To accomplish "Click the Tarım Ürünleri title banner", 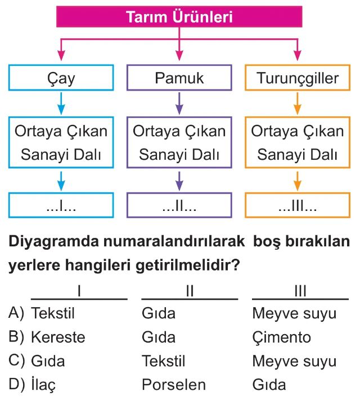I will tap(179, 17).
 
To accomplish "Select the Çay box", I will tap(61, 78).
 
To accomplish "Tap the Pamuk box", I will tap(179, 78).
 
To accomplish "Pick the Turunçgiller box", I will tap(297, 78).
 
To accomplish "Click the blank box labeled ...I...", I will tap(61, 206).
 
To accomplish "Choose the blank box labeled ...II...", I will tap(179, 206).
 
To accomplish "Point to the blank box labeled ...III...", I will tap(297, 206).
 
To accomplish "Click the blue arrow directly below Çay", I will tap(61, 104).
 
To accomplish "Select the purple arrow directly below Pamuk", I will tap(179, 104).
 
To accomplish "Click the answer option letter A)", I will tap(16, 313).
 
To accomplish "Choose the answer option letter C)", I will tap(16, 361).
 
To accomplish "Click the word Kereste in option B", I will tap(58, 337).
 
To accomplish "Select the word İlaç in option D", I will tap(43, 385).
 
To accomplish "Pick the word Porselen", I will tap(174, 385).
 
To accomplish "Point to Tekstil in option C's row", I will tap(164, 361).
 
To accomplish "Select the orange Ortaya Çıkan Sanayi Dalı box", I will tap(297, 143).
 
